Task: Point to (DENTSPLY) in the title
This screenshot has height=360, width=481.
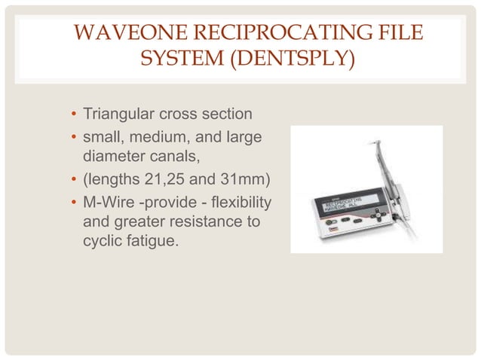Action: pos(293,58)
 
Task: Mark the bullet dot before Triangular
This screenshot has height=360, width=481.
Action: pos(73,116)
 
